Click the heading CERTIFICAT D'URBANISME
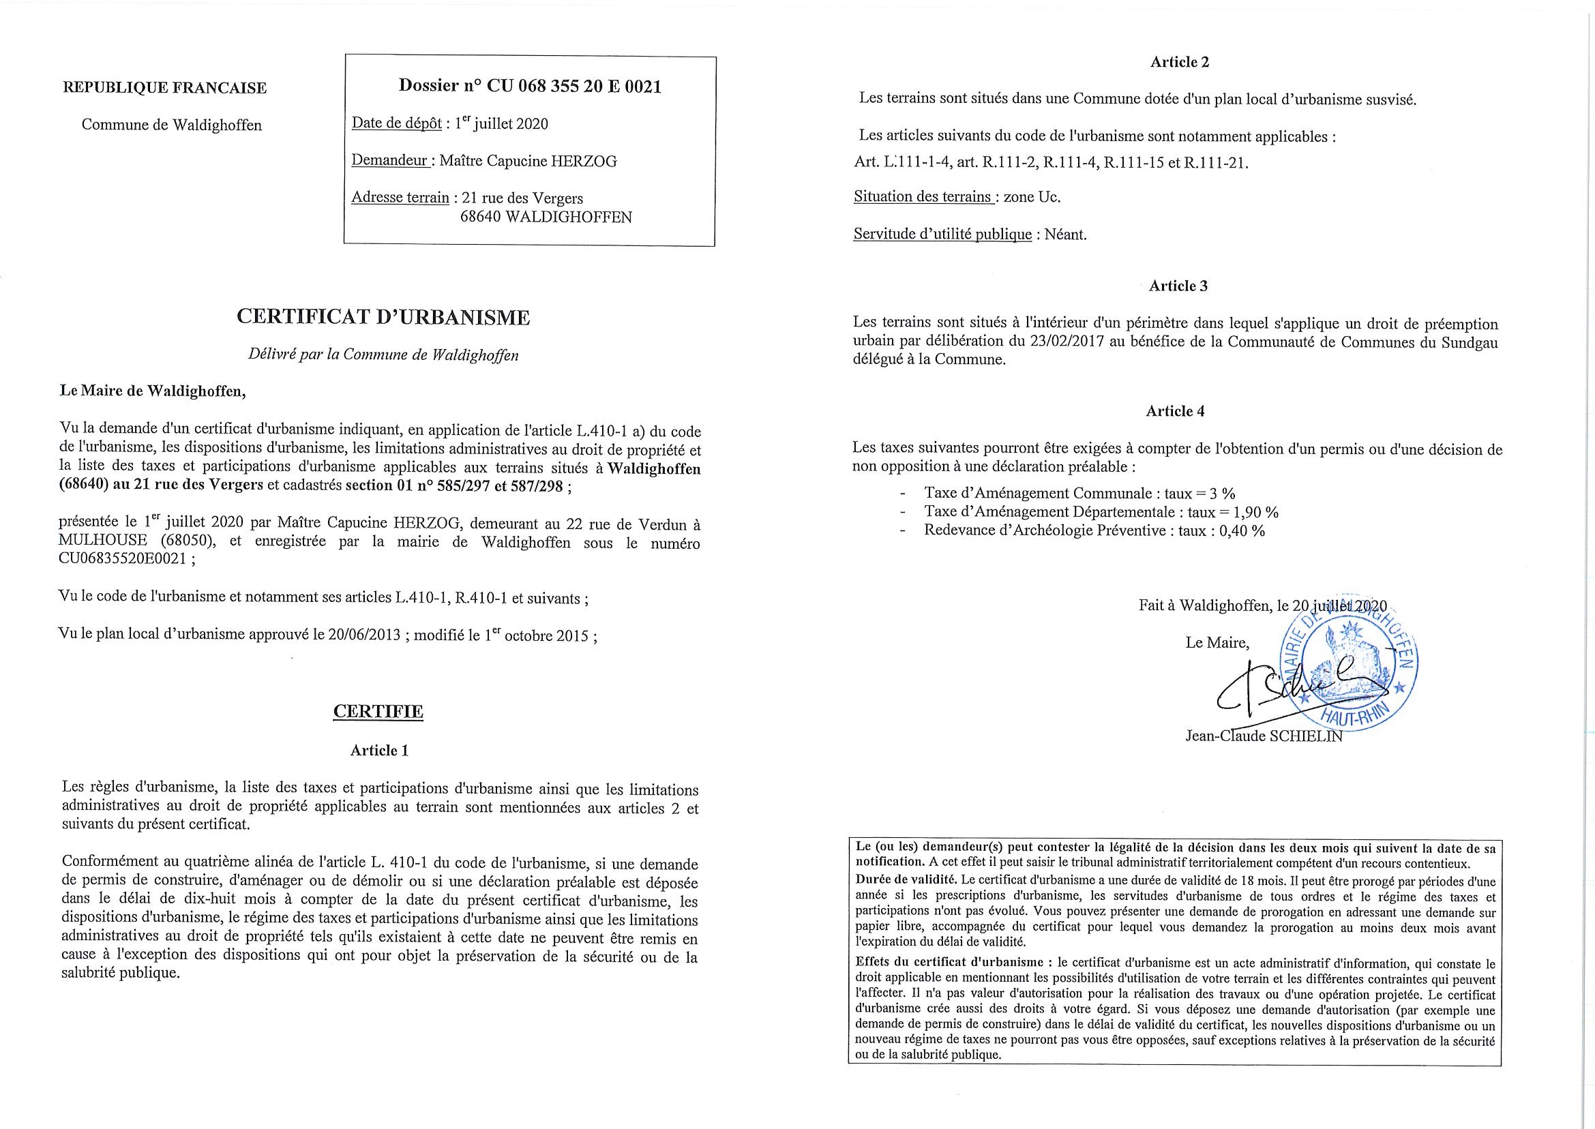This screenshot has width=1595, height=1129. click(x=383, y=318)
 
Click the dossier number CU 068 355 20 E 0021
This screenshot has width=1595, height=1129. click(x=573, y=86)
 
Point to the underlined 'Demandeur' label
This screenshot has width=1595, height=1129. click(x=389, y=161)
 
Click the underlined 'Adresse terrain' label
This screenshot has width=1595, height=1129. click(x=400, y=198)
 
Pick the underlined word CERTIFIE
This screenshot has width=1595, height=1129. click(x=378, y=711)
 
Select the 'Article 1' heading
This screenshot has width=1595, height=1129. click(x=379, y=751)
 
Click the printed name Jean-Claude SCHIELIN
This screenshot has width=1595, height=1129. click(x=1264, y=736)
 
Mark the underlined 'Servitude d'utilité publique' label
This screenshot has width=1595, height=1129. click(x=942, y=235)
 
